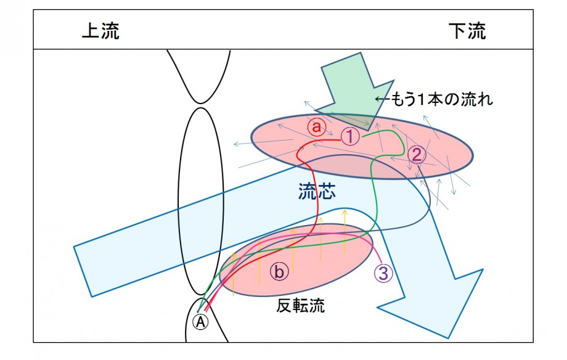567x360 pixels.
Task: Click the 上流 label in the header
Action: click(100, 31)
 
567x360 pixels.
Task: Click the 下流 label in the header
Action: click(467, 31)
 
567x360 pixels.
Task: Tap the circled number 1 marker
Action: click(350, 136)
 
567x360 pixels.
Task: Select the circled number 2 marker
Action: click(417, 155)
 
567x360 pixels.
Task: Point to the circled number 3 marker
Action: click(383, 273)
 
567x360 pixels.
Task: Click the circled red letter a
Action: click(316, 127)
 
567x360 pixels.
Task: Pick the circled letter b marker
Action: click(279, 271)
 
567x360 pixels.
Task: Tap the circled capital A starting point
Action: click(200, 321)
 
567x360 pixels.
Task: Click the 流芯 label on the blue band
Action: click(317, 191)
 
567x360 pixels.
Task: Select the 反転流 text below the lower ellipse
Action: click(301, 306)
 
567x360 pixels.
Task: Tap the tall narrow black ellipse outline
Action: click(179, 201)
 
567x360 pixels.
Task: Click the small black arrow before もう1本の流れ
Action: click(382, 99)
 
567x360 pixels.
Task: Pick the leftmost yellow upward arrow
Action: click(233, 274)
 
